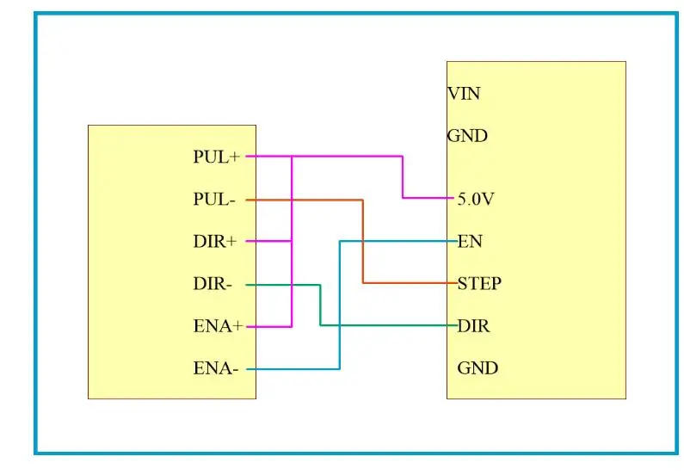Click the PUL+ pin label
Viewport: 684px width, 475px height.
click(x=216, y=157)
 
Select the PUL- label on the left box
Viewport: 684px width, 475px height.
click(x=214, y=200)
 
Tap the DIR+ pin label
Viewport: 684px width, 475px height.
click(x=214, y=242)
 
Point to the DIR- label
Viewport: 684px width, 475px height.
click(x=213, y=284)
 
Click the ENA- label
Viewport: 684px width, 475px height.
click(x=215, y=368)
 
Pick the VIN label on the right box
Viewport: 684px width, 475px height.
click(x=463, y=94)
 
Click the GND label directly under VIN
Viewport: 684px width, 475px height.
click(x=467, y=136)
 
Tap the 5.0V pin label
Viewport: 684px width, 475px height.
click(x=476, y=199)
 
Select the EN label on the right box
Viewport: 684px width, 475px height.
click(x=470, y=241)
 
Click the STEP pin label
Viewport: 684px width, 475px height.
click(x=479, y=283)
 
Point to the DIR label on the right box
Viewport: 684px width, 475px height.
click(x=473, y=326)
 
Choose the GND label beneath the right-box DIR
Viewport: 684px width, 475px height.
click(x=478, y=368)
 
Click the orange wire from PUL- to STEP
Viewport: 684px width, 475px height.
click(x=363, y=250)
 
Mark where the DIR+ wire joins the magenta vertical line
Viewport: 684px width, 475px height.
click(x=293, y=242)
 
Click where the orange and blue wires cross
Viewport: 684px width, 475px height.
click(x=363, y=241)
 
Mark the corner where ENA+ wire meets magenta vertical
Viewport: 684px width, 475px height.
click(x=293, y=326)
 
